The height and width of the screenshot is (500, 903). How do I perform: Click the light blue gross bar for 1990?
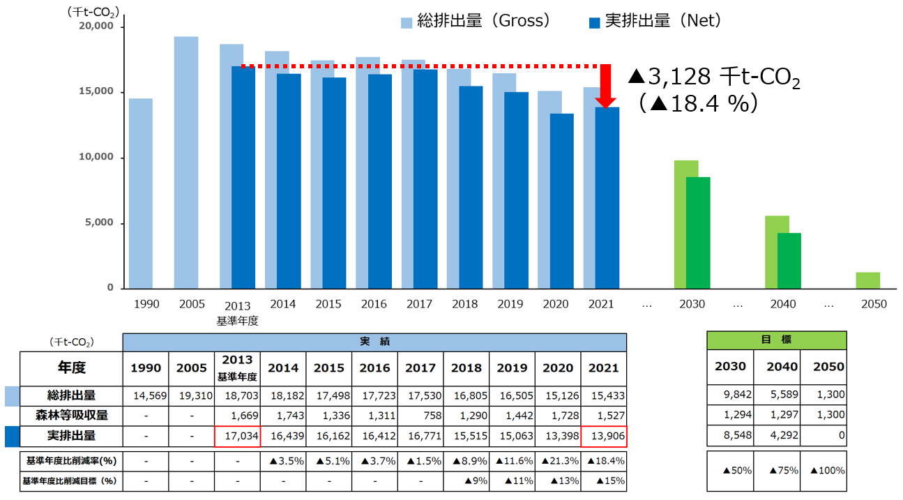pos(140,193)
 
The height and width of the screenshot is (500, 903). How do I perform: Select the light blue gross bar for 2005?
pos(185,162)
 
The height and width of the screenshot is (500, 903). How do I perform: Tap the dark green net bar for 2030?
pos(698,233)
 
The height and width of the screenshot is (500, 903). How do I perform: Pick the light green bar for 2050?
pos(867,280)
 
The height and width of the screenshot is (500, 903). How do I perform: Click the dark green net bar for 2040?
pos(789,261)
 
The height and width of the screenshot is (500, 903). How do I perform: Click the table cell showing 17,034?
pos(237,436)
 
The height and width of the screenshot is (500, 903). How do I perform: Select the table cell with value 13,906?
pos(603,436)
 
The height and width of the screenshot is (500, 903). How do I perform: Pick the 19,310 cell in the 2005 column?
pos(191,395)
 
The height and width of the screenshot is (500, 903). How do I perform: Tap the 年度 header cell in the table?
pos(71,368)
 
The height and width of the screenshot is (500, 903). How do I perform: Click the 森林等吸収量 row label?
pos(72,416)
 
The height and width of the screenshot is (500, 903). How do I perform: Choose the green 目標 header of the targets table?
pos(776,340)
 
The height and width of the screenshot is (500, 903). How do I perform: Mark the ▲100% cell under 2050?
pos(827,470)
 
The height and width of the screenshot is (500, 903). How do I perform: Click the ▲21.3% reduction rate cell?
pos(557,461)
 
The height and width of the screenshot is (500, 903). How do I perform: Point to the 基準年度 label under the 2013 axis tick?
pos(237,320)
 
